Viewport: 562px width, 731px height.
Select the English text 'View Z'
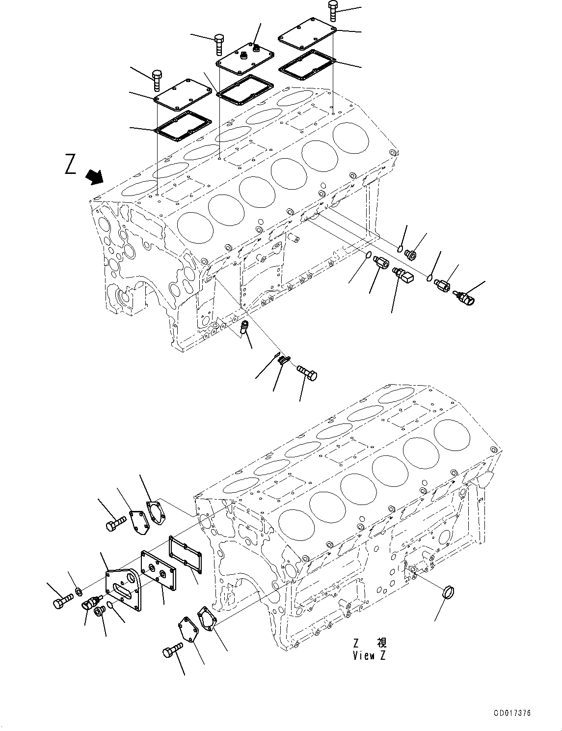pos(369,655)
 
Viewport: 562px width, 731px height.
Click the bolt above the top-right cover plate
pos(333,10)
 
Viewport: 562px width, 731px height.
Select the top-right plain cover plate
pos(306,34)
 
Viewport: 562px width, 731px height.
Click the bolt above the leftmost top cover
pos(157,80)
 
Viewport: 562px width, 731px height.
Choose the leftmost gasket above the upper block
pos(183,123)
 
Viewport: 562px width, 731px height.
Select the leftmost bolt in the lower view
pos(62,601)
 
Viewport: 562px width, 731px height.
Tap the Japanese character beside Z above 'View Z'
pos(381,643)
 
